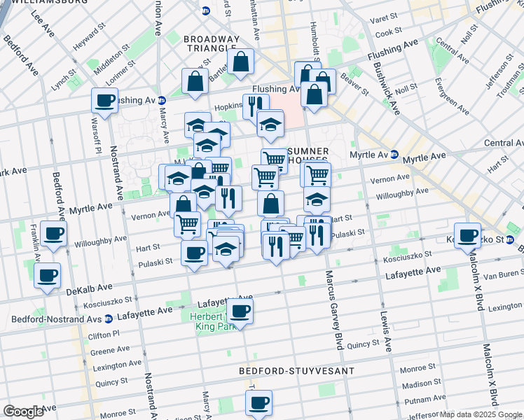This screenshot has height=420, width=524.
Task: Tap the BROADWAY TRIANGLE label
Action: coord(212,45)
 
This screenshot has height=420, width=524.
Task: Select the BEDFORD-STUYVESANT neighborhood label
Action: coord(296,370)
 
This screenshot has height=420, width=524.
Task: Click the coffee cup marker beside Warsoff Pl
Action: coord(104,101)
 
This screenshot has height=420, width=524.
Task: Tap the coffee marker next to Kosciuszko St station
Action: coord(467,235)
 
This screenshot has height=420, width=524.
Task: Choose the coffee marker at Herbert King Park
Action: coord(240,311)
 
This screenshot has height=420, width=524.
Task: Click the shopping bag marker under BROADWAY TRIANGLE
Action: coord(240,62)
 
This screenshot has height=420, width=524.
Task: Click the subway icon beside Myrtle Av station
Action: coord(394,155)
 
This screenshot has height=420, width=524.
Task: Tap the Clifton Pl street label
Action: coord(104,335)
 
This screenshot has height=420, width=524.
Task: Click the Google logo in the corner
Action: coord(24,412)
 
